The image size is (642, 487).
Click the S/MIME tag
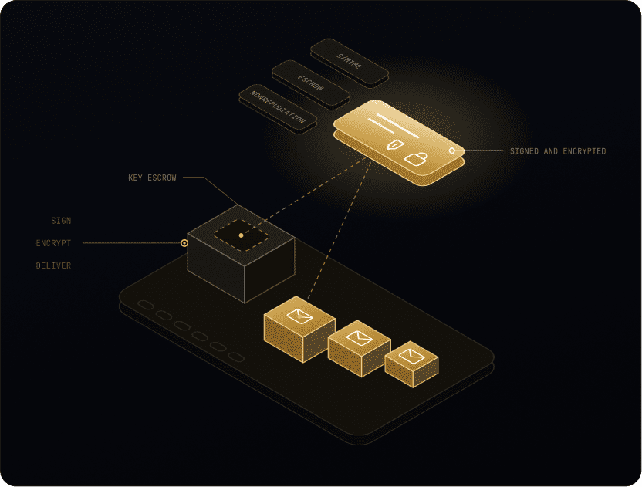[x=350, y=62]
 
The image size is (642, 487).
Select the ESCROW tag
[x=311, y=83]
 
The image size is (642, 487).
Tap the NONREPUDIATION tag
[x=278, y=107]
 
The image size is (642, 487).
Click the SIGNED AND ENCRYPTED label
[x=558, y=151]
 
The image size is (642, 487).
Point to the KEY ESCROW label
[x=152, y=178]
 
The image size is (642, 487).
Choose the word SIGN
[x=61, y=221]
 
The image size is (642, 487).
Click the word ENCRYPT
[x=54, y=243]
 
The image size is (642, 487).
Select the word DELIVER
[x=54, y=265]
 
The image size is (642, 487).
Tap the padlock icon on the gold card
[x=416, y=159]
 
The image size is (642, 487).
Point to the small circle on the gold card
[x=452, y=150]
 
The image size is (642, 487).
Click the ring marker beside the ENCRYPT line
[x=184, y=243]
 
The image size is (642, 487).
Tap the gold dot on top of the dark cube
[x=242, y=235]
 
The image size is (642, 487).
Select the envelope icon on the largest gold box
[x=299, y=316]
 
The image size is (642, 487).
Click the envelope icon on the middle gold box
[x=360, y=338]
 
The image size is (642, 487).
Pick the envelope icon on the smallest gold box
[x=411, y=356]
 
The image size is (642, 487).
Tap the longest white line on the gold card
[x=397, y=126]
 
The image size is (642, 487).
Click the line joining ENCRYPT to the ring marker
[x=131, y=243]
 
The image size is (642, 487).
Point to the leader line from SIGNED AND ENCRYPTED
[x=479, y=150]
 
